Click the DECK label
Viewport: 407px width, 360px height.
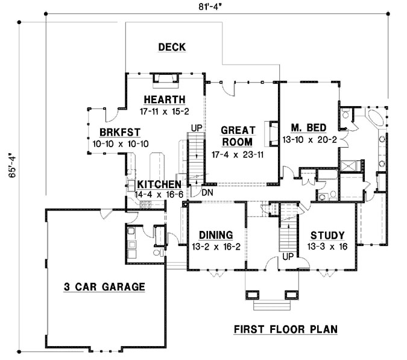click(x=172, y=47)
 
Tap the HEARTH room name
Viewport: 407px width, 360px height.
click(x=164, y=99)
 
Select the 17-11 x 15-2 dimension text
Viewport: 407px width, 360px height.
click(x=164, y=111)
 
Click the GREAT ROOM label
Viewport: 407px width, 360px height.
click(x=238, y=136)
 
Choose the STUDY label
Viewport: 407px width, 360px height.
click(x=327, y=235)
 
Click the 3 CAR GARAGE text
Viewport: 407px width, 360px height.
click(x=104, y=287)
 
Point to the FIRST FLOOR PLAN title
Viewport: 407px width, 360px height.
click(x=285, y=329)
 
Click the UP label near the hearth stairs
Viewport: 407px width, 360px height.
click(x=196, y=128)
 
